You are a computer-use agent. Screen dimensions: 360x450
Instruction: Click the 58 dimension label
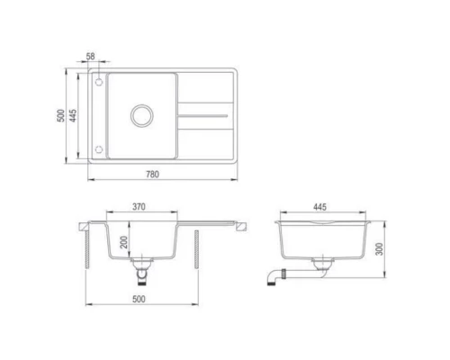90,58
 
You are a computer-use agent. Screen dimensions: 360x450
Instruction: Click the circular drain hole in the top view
141,115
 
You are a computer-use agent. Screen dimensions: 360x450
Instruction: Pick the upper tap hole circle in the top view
98,82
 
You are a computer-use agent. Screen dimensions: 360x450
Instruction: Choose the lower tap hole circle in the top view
98,149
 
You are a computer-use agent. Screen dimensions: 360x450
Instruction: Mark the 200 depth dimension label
123,243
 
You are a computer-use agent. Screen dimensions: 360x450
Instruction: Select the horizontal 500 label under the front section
139,299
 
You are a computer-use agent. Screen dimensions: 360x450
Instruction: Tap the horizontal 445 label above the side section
319,207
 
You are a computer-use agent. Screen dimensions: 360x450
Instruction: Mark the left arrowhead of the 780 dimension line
91,180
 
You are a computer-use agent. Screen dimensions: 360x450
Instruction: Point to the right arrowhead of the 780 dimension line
236,180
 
